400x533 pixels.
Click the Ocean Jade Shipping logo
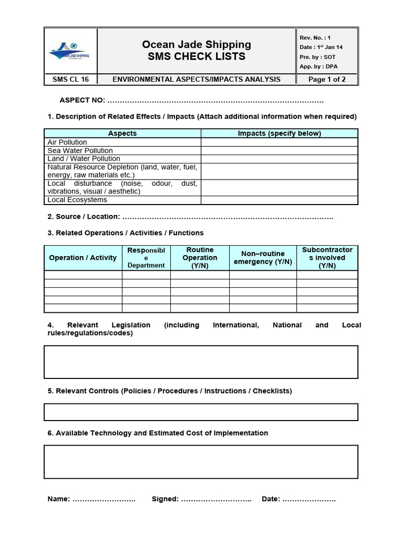coord(70,50)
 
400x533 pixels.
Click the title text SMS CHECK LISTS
coord(196,57)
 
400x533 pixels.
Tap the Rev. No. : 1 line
coord(315,38)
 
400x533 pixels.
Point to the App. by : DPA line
coord(318,66)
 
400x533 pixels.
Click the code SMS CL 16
coord(70,79)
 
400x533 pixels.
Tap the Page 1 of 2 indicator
coord(327,79)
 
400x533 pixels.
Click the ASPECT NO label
coord(83,100)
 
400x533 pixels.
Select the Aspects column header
coord(122,133)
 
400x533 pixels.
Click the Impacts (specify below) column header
coord(279,133)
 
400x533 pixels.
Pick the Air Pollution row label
coord(67,142)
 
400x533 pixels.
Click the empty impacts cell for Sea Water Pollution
coord(279,150)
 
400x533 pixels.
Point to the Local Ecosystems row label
coord(77,200)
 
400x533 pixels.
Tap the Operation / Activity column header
coord(83,258)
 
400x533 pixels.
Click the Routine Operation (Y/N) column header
coord(199,258)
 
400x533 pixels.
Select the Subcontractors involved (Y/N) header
coord(327,258)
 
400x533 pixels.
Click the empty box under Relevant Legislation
coord(201,362)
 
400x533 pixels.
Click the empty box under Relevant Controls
coord(201,412)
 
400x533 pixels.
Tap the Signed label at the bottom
coord(165,499)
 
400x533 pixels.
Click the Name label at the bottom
coord(58,499)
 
